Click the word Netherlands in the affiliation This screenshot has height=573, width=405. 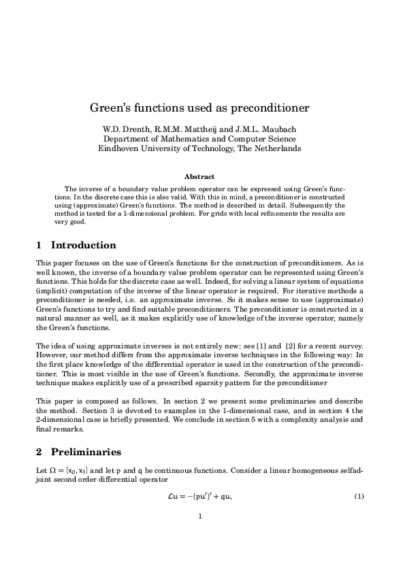(276, 148)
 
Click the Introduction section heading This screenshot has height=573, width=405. (83, 245)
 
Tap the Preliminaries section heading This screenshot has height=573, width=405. (86, 451)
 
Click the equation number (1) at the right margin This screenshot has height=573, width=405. (361, 496)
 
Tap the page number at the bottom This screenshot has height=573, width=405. (200, 516)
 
